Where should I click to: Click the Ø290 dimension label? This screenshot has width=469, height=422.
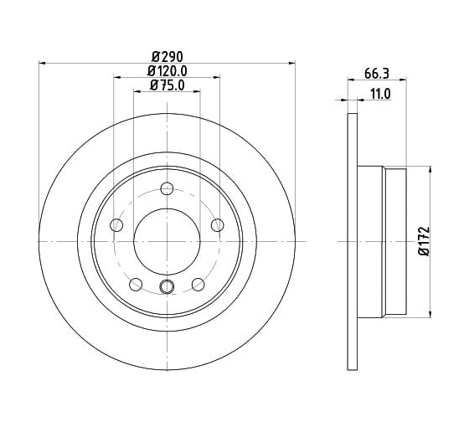(167, 57)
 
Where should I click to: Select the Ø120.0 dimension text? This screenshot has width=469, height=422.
(167, 71)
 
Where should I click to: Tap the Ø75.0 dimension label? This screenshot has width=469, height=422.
(167, 85)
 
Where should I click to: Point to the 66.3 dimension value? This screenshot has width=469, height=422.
(376, 74)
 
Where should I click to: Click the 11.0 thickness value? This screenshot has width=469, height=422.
(380, 95)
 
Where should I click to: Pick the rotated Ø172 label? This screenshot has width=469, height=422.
(424, 241)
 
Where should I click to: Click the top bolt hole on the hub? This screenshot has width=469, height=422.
(167, 188)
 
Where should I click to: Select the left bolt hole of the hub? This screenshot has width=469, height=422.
(116, 225)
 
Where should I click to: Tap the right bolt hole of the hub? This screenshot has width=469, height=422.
(218, 225)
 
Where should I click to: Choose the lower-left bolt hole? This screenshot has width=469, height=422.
(136, 284)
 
